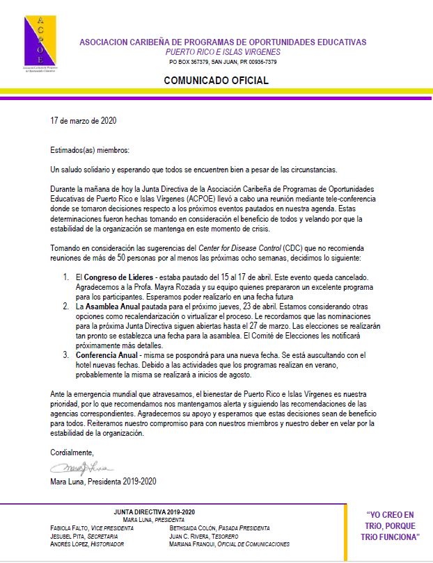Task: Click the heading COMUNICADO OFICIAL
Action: [216, 81]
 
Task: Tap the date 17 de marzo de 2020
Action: [84, 120]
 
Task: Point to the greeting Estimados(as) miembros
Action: [90, 150]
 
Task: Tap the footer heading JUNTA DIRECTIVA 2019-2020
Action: [154, 512]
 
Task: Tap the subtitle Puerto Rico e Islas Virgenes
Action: [223, 52]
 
